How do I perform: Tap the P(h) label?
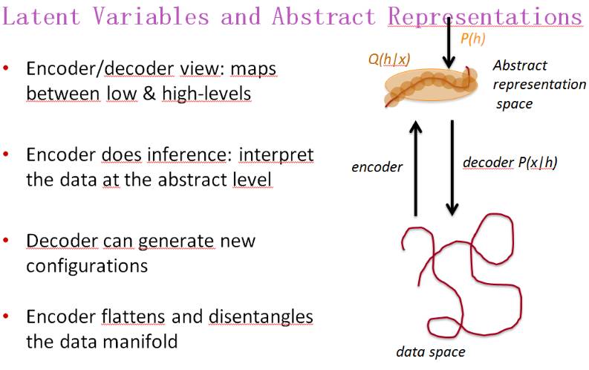tap(473, 39)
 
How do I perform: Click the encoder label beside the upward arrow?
tap(377, 166)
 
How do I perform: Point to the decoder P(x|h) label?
tap(509, 162)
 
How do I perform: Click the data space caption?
tap(431, 352)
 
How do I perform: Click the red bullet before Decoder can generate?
tap(7, 241)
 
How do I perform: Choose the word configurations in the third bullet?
tap(87, 265)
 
